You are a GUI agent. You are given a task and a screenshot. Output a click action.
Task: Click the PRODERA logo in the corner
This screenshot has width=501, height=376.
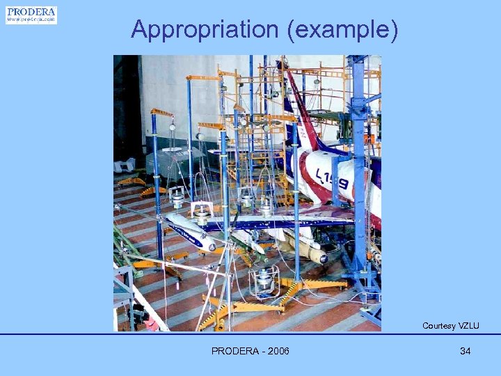point(31,15)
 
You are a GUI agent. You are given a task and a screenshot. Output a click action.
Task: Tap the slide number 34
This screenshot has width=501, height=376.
point(465,351)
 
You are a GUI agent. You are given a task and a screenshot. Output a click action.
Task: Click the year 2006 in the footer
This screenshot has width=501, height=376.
point(277,351)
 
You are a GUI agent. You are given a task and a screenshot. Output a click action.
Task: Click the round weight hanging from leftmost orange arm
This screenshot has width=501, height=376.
point(172,127)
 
